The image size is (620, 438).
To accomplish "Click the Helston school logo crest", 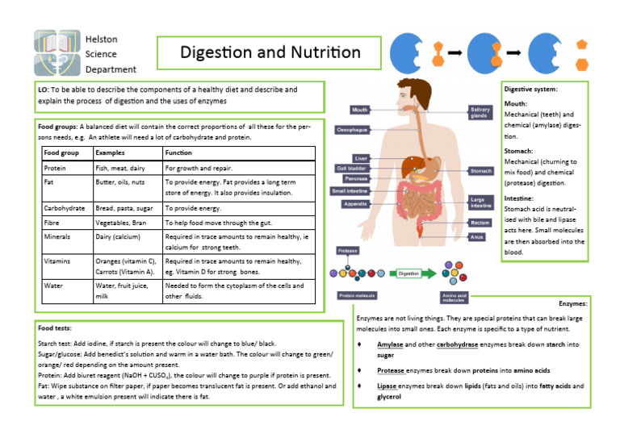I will (57, 52).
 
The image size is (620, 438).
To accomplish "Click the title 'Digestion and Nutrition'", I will (270, 53).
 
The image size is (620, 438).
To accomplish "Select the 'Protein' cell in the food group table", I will (56, 169).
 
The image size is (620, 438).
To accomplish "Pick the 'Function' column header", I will (178, 152).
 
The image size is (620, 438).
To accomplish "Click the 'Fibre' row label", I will (52, 222).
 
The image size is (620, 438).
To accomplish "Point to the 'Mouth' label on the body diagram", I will (360, 109).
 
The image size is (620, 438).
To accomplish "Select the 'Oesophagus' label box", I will (353, 129).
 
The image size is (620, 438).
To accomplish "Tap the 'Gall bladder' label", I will (352, 168).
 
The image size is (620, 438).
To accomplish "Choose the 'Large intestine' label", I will (480, 202).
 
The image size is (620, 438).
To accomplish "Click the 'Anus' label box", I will (478, 237).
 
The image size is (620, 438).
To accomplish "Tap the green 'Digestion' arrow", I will (413, 273).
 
